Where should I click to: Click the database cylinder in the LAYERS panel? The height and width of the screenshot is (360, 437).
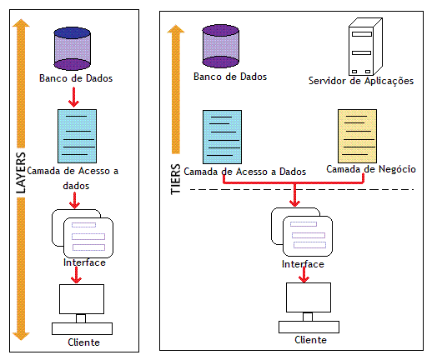pyautogui.click(x=73, y=48)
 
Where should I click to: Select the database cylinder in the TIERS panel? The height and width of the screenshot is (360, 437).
pyautogui.click(x=220, y=46)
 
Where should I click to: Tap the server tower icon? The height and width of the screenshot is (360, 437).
pyautogui.click(x=365, y=47)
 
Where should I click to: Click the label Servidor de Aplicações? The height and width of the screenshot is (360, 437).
pyautogui.click(x=361, y=81)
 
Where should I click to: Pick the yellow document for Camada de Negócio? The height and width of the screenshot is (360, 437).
pyautogui.click(x=357, y=136)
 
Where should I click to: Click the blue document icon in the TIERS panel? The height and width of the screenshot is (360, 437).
pyautogui.click(x=222, y=137)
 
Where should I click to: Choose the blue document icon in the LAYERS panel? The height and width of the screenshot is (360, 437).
pyautogui.click(x=77, y=136)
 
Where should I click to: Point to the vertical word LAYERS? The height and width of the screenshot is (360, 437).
pyautogui.click(x=21, y=172)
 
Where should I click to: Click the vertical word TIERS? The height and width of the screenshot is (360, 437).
pyautogui.click(x=176, y=178)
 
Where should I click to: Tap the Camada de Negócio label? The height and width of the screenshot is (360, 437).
pyautogui.click(x=371, y=169)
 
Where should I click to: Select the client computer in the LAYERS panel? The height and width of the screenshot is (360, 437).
pyautogui.click(x=82, y=309)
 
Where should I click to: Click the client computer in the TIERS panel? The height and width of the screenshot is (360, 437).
pyautogui.click(x=309, y=307)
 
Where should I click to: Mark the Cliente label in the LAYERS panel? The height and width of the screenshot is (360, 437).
pyautogui.click(x=83, y=342)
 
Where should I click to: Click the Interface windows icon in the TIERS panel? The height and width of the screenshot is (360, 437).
pyautogui.click(x=302, y=232)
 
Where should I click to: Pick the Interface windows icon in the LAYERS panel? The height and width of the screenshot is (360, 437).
pyautogui.click(x=83, y=233)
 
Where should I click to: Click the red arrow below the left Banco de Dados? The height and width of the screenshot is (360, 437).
pyautogui.click(x=73, y=97)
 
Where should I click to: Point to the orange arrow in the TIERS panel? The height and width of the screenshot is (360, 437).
pyautogui.click(x=176, y=89)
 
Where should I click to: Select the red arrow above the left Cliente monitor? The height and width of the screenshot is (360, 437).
pyautogui.click(x=76, y=275)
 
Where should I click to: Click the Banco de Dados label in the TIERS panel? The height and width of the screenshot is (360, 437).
pyautogui.click(x=230, y=77)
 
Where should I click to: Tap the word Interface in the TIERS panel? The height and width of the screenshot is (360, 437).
pyautogui.click(x=303, y=264)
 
